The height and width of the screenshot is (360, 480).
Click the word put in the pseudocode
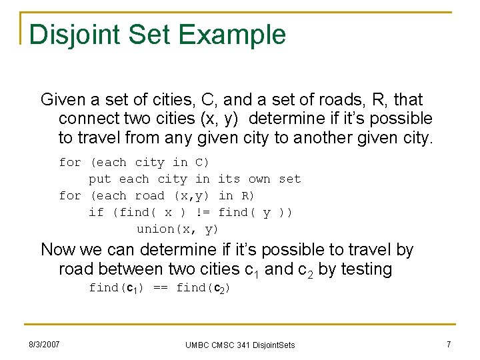100,179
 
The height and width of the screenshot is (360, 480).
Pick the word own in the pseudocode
259,179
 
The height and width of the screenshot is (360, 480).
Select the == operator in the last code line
160,288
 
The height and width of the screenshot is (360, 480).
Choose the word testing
365,269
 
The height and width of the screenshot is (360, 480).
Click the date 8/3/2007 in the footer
44,344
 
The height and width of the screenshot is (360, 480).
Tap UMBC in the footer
197,345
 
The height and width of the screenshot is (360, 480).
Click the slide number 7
448,344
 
